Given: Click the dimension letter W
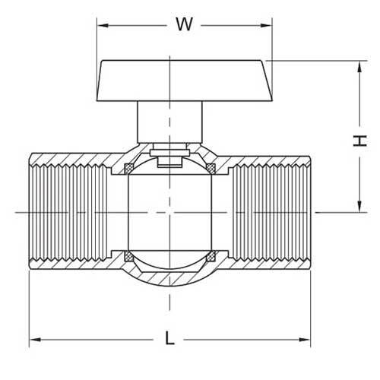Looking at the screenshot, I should point(183,24).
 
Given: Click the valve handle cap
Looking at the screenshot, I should point(186,79).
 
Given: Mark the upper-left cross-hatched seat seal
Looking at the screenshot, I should point(128,165).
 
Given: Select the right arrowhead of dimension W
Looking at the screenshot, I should point(269,24).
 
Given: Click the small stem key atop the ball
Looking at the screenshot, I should point(169,160).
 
